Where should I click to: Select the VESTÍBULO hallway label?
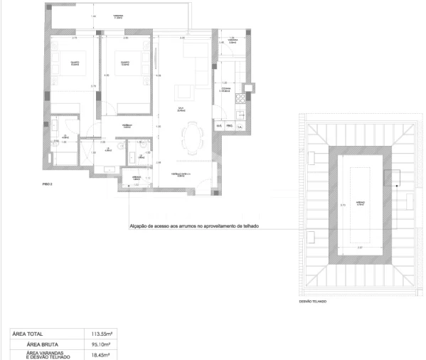(127, 127)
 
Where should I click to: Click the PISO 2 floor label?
(47, 184)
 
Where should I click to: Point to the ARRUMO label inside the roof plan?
(361, 201)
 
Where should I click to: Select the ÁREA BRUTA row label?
(46, 342)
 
